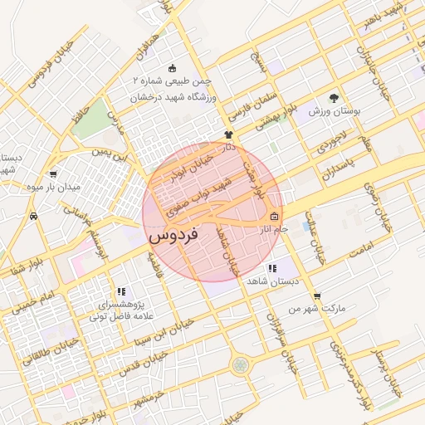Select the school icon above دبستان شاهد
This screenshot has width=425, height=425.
(271, 268)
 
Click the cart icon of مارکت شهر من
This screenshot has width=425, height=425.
(317, 296)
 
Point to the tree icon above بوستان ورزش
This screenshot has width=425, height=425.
(335, 98)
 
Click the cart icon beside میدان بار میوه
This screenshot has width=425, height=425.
(54, 174)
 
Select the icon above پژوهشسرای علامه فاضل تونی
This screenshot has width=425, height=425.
(121, 291)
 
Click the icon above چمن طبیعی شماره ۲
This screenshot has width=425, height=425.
(172, 68)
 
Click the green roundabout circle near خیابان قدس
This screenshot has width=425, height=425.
(240, 364)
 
